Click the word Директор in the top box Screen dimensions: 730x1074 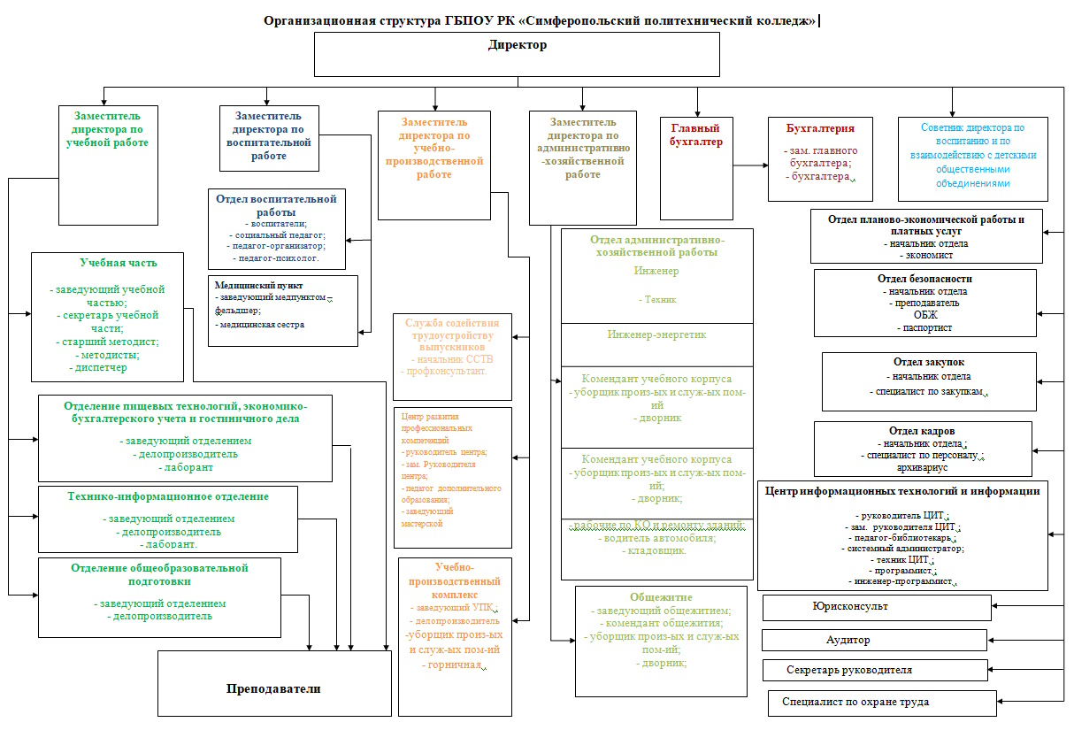point(518,45)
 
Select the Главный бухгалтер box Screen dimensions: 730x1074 point(696,168)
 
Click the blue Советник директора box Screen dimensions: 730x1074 point(972,159)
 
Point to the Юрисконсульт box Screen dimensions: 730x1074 point(876,607)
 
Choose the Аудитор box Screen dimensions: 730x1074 point(874,640)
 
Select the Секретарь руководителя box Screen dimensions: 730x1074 point(874,670)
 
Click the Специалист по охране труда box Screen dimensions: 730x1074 point(881,703)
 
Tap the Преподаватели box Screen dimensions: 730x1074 point(273,688)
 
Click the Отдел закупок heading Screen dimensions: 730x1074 point(928,362)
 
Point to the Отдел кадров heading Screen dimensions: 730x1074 point(923,431)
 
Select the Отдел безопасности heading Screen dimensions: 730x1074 point(924,279)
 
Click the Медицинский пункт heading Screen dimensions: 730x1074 point(259,286)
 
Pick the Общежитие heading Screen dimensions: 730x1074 point(661,597)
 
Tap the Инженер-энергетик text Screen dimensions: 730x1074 point(656,335)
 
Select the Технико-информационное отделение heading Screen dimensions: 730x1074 point(168,496)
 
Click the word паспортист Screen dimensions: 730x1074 point(924,327)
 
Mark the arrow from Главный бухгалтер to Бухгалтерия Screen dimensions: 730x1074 point(749,165)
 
